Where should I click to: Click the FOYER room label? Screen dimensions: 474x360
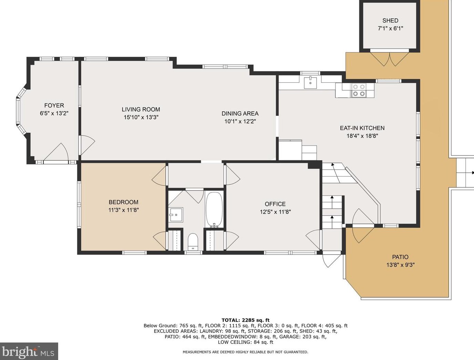54,106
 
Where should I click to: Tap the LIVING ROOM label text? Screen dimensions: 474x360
141,109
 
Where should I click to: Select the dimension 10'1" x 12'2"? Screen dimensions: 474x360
240,121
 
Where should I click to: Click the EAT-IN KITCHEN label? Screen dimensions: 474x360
362,128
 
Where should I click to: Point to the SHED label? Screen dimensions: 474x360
390,21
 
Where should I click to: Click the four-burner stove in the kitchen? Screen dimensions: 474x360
359,90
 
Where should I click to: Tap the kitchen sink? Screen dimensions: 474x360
310,82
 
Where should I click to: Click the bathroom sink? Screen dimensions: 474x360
176,214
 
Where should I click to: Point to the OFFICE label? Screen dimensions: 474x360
275,204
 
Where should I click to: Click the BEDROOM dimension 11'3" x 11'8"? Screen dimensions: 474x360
124,210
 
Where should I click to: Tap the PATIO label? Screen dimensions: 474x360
400,257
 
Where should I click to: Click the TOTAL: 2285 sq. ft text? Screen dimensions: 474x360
246,320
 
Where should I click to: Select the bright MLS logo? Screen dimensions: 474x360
29,351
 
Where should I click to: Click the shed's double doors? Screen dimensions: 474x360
390,58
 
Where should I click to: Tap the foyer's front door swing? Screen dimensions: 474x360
56,152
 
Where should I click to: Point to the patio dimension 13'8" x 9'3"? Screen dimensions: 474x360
401,265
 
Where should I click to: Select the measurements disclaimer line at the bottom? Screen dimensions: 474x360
246,352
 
